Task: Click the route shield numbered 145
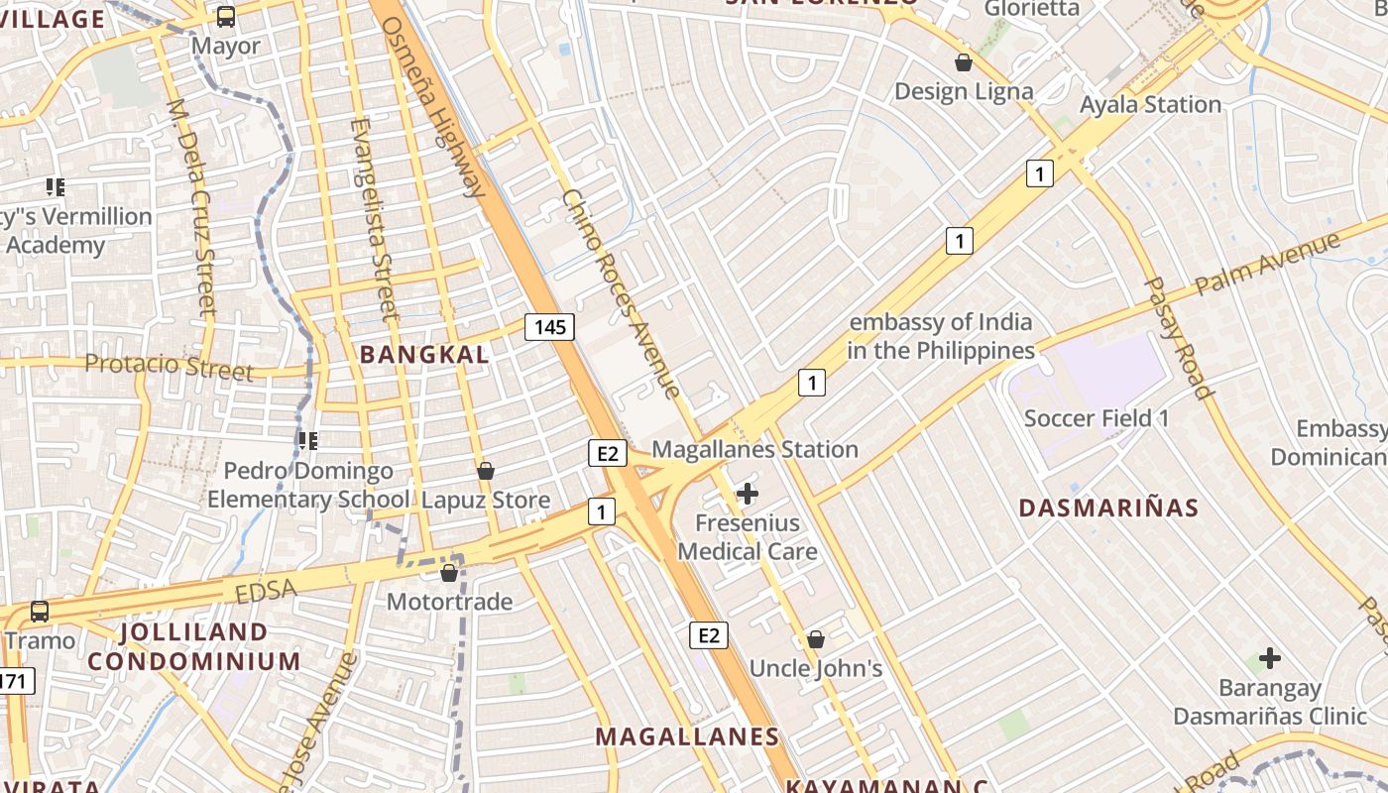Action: [x=549, y=326]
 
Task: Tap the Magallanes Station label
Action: [x=754, y=449]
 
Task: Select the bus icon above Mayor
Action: [x=226, y=16]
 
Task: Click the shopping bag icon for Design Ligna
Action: [x=963, y=62]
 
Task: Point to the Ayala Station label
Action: [x=1150, y=104]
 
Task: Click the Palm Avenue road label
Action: [x=1267, y=263]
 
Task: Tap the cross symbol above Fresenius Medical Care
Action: [x=748, y=493]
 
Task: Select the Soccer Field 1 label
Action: [x=1097, y=418]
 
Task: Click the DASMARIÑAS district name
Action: [x=1108, y=508]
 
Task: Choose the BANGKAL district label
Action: [x=424, y=354]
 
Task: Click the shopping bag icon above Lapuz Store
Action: [x=486, y=471]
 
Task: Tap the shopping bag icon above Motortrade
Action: [x=449, y=573]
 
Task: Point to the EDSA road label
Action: [x=267, y=591]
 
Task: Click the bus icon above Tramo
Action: [x=40, y=612]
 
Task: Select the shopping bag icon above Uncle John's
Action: [x=815, y=639]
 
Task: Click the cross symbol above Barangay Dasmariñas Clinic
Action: [x=1269, y=657]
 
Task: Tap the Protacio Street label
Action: [x=169, y=366]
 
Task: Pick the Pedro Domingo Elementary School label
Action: [x=307, y=485]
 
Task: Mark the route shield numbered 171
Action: [x=14, y=681]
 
